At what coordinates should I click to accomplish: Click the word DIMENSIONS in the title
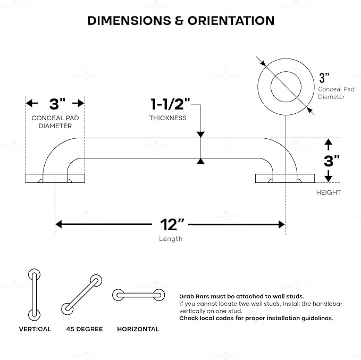(129, 21)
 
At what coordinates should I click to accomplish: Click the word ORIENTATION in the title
(231, 21)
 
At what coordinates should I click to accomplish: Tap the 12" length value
(172, 224)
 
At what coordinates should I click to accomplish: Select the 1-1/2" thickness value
(170, 104)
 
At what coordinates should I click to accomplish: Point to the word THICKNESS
(167, 118)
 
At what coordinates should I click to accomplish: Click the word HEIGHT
(329, 192)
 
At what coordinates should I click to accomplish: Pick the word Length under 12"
(171, 239)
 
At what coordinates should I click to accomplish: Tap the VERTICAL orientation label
(35, 329)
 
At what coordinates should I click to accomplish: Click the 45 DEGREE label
(85, 329)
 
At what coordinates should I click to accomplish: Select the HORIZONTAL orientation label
(138, 329)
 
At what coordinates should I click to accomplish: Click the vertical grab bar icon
(35, 295)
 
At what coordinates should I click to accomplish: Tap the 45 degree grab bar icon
(82, 295)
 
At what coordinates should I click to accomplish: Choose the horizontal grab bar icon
(138, 295)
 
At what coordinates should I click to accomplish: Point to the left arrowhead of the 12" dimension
(58, 224)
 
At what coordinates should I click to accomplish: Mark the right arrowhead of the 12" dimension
(282, 224)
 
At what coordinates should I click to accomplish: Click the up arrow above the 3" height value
(329, 145)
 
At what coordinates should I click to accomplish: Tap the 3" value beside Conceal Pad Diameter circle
(324, 78)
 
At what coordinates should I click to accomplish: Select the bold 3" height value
(332, 161)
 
